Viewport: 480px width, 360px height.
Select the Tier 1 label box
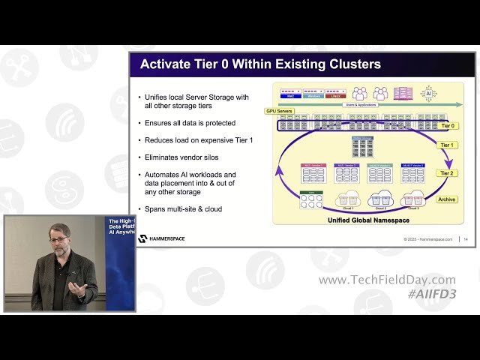(448, 145)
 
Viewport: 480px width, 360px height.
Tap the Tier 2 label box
(448, 173)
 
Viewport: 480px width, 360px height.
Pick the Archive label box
(447, 199)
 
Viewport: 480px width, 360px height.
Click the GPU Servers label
(279, 111)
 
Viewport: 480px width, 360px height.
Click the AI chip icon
(429, 93)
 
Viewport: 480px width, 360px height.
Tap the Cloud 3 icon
(412, 199)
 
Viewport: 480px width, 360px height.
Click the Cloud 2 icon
(380, 199)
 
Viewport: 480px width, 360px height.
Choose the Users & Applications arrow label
(360, 105)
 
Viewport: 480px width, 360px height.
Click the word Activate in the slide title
(166, 64)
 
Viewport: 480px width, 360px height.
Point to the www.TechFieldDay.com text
(386, 280)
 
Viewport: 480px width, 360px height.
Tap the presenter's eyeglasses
(59, 240)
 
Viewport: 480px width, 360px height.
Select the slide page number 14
(466, 239)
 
